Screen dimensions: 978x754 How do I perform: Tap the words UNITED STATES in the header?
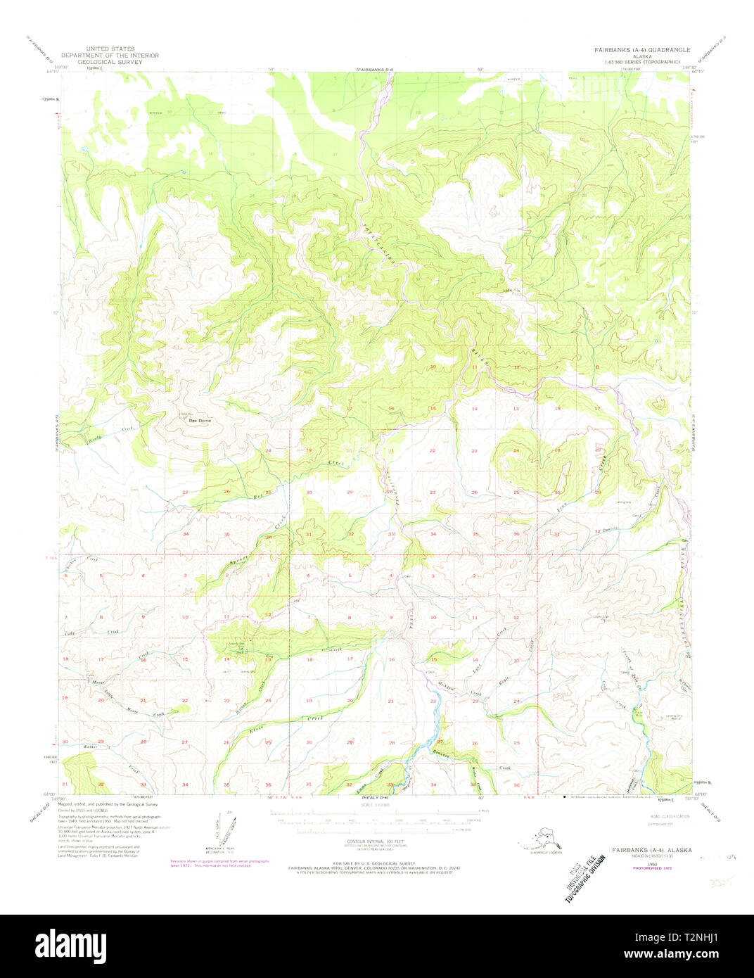[x=108, y=49]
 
